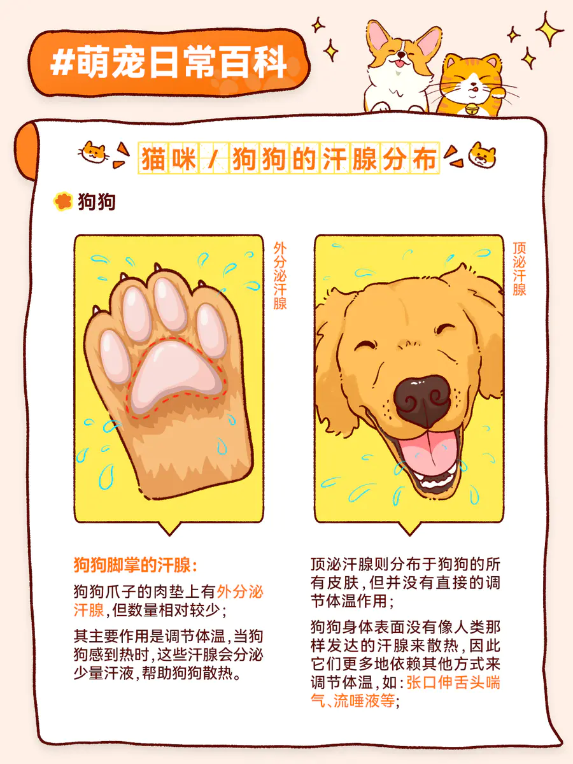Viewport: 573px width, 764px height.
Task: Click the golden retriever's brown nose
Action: point(422,401)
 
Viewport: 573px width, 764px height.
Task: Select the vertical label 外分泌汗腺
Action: point(279,276)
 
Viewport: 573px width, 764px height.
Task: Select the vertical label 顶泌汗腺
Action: point(519,269)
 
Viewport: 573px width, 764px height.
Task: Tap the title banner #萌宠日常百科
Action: point(169,62)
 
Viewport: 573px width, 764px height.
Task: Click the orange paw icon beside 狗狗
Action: point(63,202)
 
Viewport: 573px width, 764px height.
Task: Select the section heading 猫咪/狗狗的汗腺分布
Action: point(289,159)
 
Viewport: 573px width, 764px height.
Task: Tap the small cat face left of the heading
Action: point(93,152)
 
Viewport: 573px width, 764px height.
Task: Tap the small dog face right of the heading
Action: point(482,155)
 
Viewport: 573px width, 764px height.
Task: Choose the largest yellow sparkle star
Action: point(549,29)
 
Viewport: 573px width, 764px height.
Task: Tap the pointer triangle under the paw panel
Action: point(169,528)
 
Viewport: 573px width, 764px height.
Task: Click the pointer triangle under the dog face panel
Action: point(409,528)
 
